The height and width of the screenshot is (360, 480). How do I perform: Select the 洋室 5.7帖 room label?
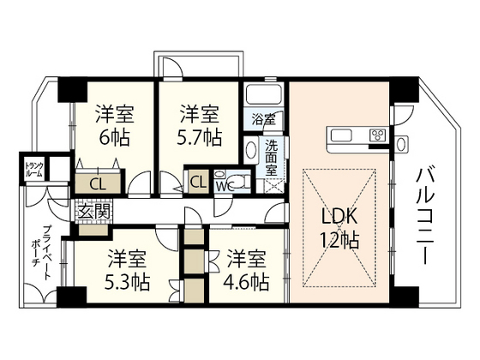pos(201,125)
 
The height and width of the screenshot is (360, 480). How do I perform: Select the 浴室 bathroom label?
pos(262,119)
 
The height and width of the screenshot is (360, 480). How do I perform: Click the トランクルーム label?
pos(34,169)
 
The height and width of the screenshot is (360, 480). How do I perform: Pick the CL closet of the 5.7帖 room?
pos(198,182)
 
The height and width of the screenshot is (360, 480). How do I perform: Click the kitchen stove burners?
pos(378,135)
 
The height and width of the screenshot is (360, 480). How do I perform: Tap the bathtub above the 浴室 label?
pos(263,94)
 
